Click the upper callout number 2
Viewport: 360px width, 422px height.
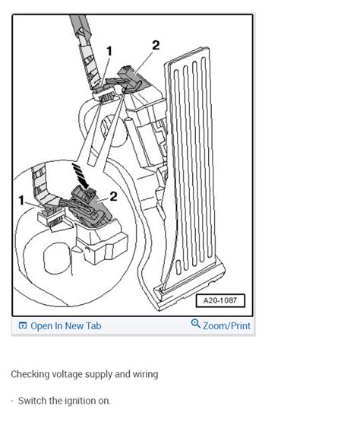click(156, 45)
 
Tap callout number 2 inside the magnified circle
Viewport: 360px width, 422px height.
click(113, 196)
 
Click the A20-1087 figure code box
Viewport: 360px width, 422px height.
click(220, 300)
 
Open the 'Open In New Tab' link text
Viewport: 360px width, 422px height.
click(65, 325)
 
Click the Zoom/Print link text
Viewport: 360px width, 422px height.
click(226, 325)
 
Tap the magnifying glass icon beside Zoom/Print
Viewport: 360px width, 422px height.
click(195, 325)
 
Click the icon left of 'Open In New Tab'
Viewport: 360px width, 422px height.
click(23, 325)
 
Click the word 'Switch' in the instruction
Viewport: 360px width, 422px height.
click(33, 401)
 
